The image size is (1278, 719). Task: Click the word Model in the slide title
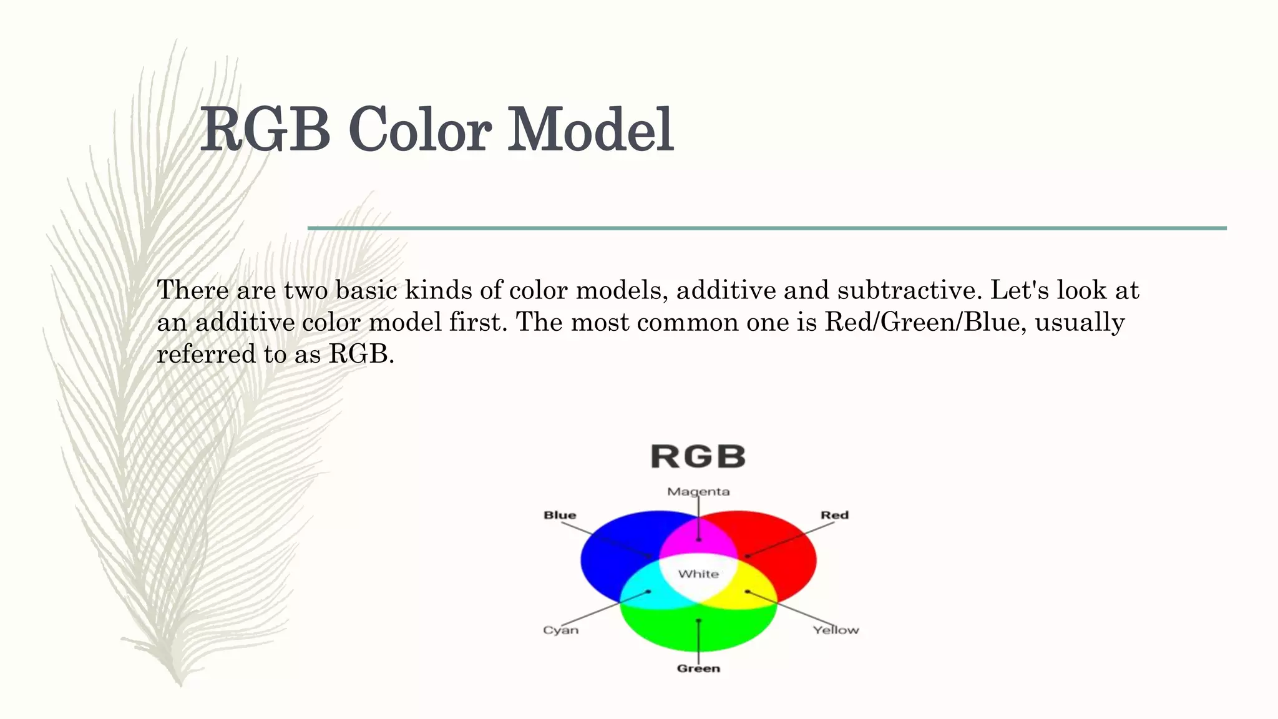(x=590, y=130)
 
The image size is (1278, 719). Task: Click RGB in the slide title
(x=265, y=130)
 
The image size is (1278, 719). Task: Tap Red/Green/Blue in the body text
(x=922, y=323)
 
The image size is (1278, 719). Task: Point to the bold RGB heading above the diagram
(x=698, y=457)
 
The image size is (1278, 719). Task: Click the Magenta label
(x=698, y=492)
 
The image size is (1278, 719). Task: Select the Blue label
(x=560, y=515)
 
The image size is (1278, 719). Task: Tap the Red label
(x=834, y=515)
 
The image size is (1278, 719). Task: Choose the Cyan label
(x=560, y=630)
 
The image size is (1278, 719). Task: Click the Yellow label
(x=836, y=630)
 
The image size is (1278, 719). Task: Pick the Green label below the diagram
(x=698, y=668)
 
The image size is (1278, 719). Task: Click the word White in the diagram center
(x=698, y=574)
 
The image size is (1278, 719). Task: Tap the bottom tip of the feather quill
(x=180, y=684)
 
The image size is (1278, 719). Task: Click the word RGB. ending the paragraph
(x=361, y=355)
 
